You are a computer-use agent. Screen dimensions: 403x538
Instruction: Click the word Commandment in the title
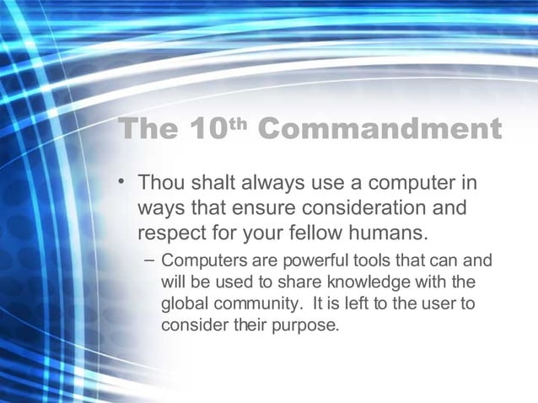click(x=378, y=130)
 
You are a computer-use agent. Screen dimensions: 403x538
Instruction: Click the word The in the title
click(x=148, y=130)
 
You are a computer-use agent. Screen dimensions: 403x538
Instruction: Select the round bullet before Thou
click(x=123, y=182)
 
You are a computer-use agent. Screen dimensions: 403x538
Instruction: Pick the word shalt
click(x=213, y=183)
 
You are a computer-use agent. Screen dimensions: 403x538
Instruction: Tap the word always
click(x=272, y=183)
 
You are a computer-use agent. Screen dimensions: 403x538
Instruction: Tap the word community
click(x=252, y=304)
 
